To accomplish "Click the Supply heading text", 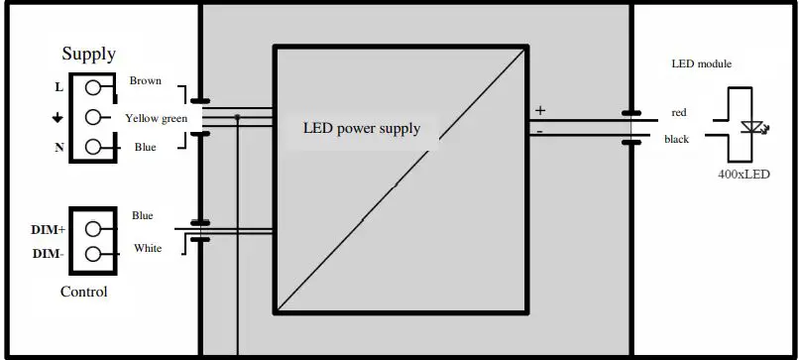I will pos(88,55).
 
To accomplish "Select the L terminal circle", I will pos(92,86).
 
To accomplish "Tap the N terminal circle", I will pos(92,147).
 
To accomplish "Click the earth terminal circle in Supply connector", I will pos(92,117).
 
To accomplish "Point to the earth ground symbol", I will pos(58,117).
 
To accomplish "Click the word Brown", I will pos(145,80).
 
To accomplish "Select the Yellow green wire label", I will pos(156,118).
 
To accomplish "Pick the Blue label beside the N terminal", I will pos(144,147).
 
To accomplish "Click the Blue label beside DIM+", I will pos(143,215).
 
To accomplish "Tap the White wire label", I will pos(148,248).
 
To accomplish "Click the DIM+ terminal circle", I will pos(92,228).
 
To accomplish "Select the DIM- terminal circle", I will pos(92,254).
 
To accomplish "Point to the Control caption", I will pos(84,292).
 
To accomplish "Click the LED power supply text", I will pos(362,128).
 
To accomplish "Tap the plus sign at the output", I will pos(540,110).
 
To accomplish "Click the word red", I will pos(678,112).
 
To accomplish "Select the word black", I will pos(676,139).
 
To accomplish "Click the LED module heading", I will pos(701,63).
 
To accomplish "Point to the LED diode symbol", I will pos(750,127).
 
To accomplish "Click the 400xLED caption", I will pos(742,173).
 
